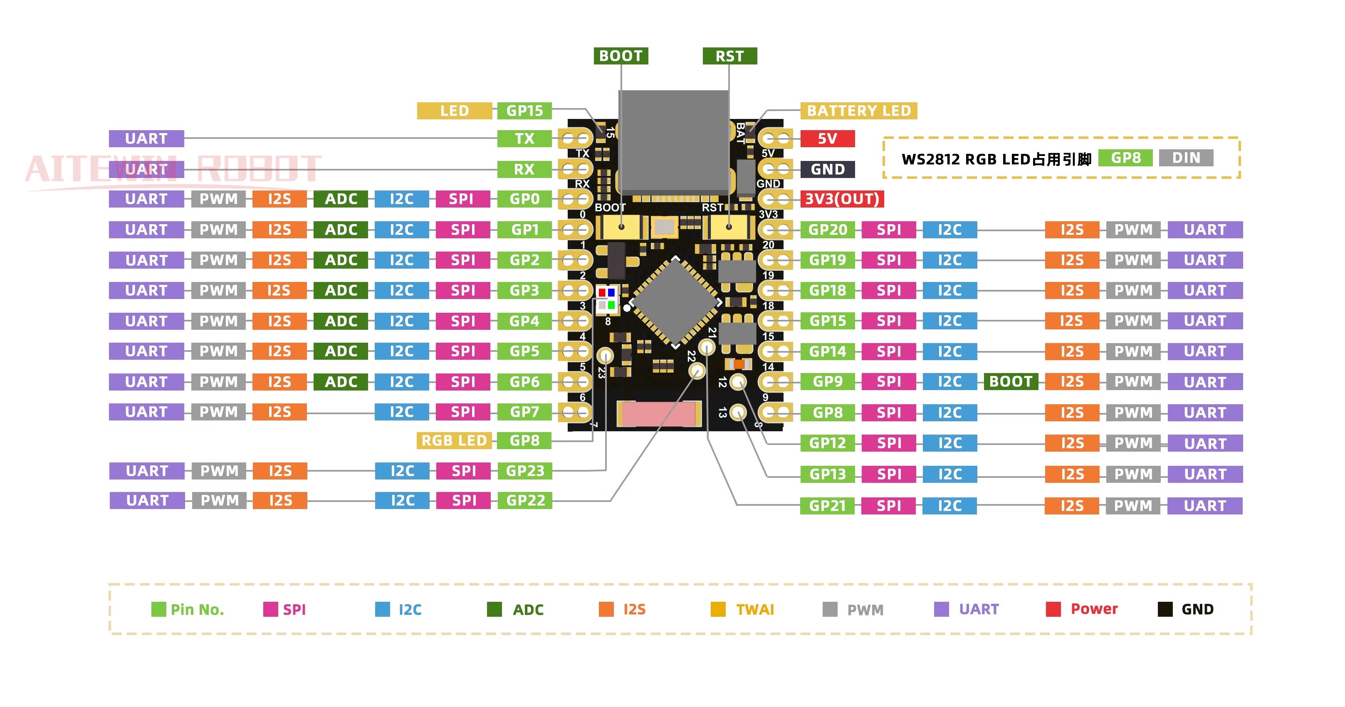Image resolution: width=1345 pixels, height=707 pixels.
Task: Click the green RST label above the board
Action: pyautogui.click(x=729, y=56)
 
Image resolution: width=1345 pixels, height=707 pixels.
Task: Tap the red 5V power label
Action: pyautogui.click(x=827, y=138)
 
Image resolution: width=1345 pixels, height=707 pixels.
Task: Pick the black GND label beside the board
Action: pyautogui.click(x=827, y=169)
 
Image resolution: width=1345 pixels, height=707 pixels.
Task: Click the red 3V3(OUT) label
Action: pyautogui.click(x=841, y=199)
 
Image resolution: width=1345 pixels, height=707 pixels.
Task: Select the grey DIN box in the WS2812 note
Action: pyautogui.click(x=1185, y=158)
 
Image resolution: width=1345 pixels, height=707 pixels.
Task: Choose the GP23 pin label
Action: pyautogui.click(x=525, y=471)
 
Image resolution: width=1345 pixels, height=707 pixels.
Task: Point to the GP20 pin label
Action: pyautogui.click(x=827, y=230)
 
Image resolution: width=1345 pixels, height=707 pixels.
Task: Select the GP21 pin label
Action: pyautogui.click(x=827, y=505)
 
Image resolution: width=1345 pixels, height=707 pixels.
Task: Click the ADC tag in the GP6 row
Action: pyautogui.click(x=341, y=382)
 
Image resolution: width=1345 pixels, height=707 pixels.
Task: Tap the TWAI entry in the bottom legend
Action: pyautogui.click(x=754, y=609)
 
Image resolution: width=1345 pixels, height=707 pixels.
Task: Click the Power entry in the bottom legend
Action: pyautogui.click(x=1093, y=609)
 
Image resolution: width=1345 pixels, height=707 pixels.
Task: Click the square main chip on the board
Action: pyautogui.click(x=675, y=303)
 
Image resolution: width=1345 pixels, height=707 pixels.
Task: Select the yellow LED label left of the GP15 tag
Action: pyautogui.click(x=454, y=111)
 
